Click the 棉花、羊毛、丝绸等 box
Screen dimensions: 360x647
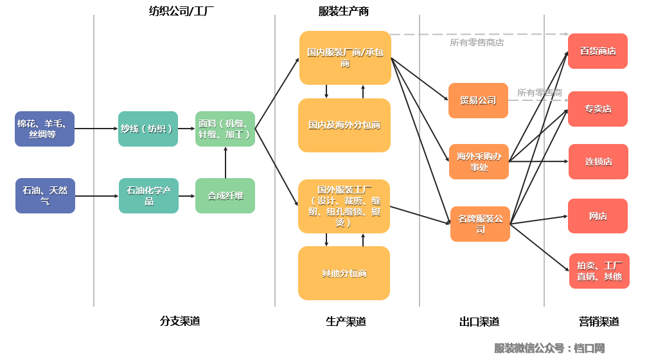pos(45,129)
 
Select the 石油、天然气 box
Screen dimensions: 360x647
pos(45,196)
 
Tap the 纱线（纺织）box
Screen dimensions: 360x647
pos(148,129)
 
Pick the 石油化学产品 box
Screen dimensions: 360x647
pos(148,196)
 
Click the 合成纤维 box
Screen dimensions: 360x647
pos(225,196)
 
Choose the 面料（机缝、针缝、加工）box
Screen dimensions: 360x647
pos(225,129)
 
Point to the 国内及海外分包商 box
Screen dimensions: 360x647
pos(344,125)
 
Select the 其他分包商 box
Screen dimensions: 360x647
pos(344,273)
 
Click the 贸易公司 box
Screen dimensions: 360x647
pos(478,100)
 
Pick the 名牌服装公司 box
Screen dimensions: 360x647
pos(480,224)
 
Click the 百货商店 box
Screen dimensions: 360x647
pos(598,51)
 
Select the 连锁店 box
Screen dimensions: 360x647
pos(598,162)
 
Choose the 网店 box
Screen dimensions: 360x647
pos(598,216)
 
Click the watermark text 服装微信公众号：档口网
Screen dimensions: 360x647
pos(549,348)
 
